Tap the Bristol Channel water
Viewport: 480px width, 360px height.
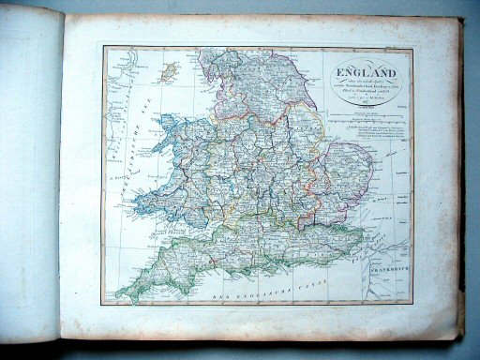click(178, 225)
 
